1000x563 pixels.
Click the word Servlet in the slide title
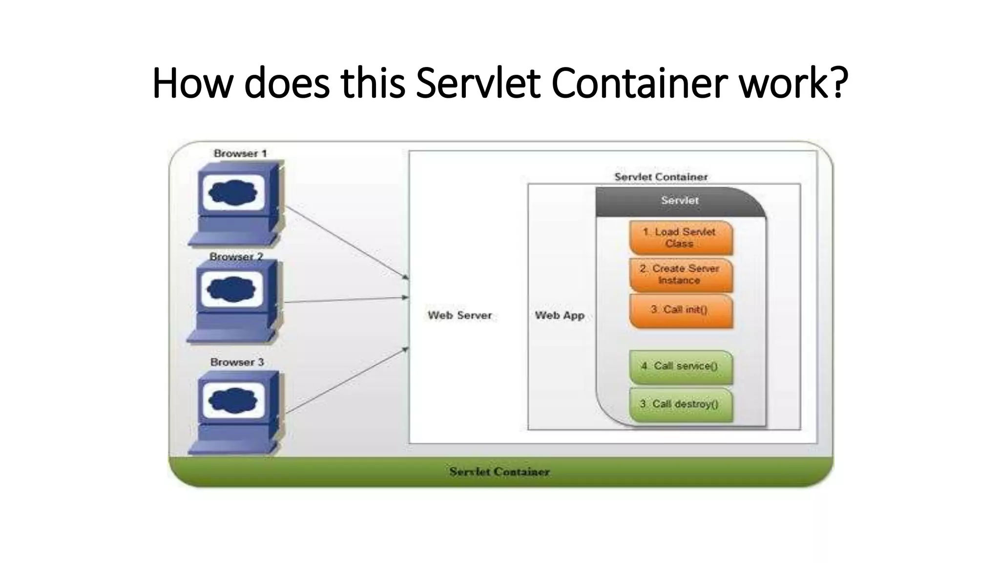tap(478, 83)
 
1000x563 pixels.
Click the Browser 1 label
tap(240, 153)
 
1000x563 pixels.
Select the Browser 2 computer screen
tap(232, 289)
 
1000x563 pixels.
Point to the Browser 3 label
tap(237, 362)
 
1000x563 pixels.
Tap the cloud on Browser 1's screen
tap(233, 192)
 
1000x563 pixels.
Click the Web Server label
tap(459, 315)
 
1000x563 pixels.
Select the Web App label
tap(560, 315)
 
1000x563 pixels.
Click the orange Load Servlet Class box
tap(681, 238)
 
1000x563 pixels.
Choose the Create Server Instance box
tap(681, 275)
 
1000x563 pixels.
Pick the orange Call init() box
tap(681, 310)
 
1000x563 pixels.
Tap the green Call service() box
tap(681, 367)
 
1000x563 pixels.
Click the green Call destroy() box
tap(681, 404)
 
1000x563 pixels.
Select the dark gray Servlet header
tap(680, 201)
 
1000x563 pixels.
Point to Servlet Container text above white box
tap(661, 177)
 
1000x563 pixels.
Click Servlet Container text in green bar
tap(499, 472)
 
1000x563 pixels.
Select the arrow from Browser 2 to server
tap(347, 300)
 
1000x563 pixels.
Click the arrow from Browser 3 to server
tap(347, 381)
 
